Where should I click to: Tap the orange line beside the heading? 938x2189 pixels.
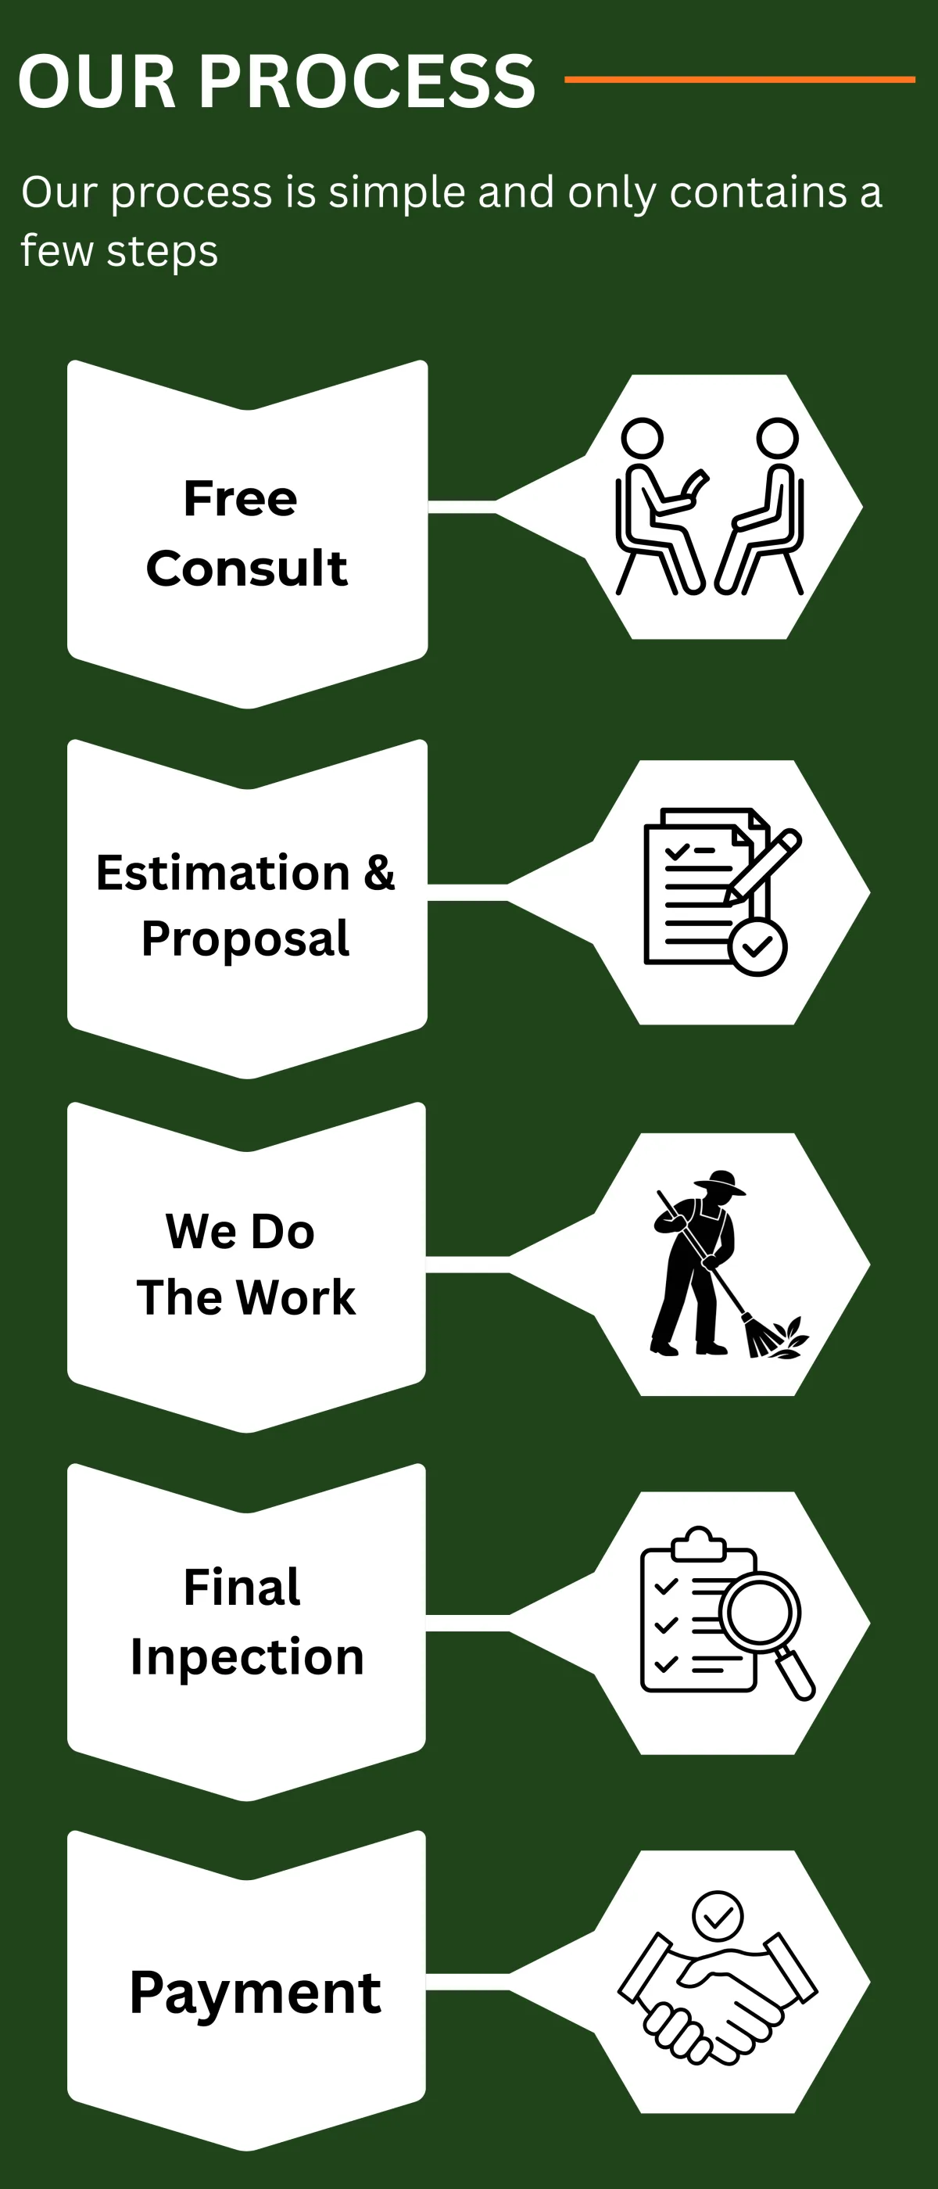(739, 79)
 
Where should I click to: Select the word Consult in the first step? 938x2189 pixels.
(246, 568)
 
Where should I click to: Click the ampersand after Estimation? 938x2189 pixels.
(379, 873)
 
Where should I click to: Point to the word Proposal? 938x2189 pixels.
(245, 939)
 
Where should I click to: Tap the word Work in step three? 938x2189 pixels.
(295, 1297)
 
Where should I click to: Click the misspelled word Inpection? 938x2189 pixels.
(246, 1657)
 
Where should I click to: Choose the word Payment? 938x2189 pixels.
(255, 1992)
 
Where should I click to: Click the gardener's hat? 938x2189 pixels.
(721, 1182)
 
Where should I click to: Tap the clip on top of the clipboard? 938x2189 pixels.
(698, 1543)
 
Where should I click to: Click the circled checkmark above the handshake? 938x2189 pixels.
(718, 1915)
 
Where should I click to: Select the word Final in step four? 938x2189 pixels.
(242, 1588)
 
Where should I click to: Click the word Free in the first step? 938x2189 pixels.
(241, 498)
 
